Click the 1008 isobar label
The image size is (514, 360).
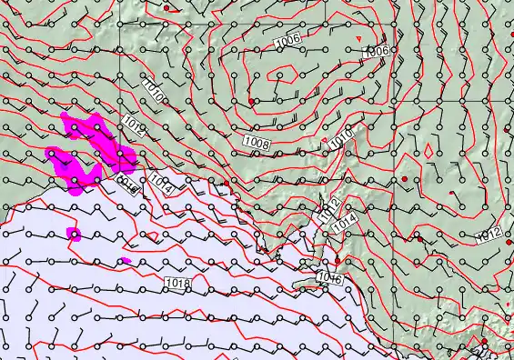point(257,143)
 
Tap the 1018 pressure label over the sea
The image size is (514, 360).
point(178,285)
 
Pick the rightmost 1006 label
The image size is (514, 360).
point(377,52)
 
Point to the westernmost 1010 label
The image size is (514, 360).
point(153,88)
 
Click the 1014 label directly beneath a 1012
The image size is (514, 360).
point(344,223)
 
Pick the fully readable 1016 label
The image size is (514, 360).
point(329,278)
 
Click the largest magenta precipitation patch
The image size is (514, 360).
point(91,150)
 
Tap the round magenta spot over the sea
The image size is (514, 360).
point(74,235)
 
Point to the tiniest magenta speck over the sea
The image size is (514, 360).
point(125,261)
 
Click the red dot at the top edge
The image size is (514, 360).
point(167,7)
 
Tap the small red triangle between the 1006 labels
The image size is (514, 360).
point(360,37)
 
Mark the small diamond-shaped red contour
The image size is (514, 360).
point(428,147)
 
